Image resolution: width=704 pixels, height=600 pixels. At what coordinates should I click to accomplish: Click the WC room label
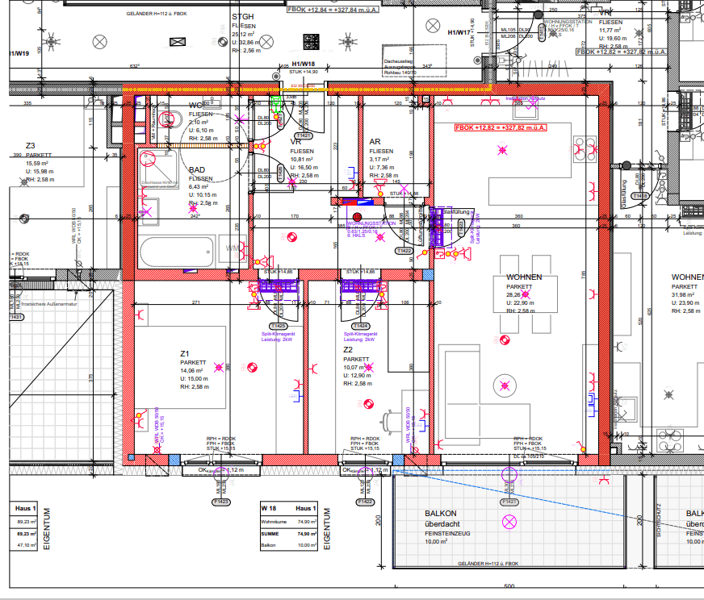195,106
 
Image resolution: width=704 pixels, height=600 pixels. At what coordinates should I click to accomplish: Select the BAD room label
197,170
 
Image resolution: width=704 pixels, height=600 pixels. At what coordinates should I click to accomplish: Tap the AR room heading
375,142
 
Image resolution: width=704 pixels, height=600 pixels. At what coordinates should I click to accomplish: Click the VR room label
295,141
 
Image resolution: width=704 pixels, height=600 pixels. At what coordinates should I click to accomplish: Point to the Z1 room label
185,353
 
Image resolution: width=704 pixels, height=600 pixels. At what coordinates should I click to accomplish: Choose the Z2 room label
349,349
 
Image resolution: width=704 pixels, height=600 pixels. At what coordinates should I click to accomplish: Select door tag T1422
404,252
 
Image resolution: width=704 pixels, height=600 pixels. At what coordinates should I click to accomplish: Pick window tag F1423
220,502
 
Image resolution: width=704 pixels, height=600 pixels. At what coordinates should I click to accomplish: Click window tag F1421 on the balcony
509,502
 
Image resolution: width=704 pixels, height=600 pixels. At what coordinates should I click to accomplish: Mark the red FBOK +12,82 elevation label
501,127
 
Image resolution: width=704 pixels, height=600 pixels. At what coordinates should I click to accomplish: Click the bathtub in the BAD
177,250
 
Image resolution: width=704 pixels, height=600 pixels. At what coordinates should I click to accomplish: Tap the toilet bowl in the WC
169,120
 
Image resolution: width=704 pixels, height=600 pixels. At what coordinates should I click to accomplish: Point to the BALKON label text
441,514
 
